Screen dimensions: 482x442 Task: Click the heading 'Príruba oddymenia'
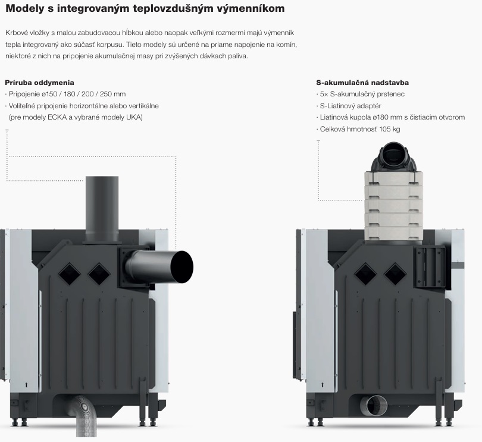pyautogui.click(x=39, y=83)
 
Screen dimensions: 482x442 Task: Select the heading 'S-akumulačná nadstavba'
pyautogui.click(x=362, y=83)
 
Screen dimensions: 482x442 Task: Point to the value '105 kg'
pyautogui.click(x=390, y=129)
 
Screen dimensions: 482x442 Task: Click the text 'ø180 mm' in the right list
pyautogui.click(x=384, y=117)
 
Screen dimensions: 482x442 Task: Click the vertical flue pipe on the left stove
pyautogui.click(x=102, y=209)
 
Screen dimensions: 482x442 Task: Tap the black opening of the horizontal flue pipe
pyautogui.click(x=182, y=267)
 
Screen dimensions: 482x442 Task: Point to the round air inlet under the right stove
pyautogui.click(x=374, y=406)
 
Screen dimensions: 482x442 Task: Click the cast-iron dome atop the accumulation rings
pyautogui.click(x=393, y=158)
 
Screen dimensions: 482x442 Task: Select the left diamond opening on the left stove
pyautogui.click(x=69, y=274)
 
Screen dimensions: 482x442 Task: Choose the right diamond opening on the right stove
pyautogui.click(x=395, y=274)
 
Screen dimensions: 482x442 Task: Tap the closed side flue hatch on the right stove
pyautogui.click(x=430, y=267)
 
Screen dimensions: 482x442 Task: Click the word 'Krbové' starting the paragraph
pyautogui.click(x=15, y=33)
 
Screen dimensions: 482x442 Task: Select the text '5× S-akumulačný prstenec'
pyautogui.click(x=362, y=94)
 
